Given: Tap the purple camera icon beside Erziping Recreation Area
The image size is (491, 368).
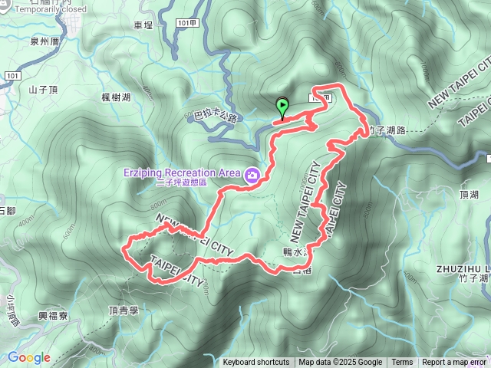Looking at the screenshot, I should pos(252,176).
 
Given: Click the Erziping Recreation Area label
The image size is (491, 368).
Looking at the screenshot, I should pos(182,172).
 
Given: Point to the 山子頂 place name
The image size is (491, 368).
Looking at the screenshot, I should pos(44,90).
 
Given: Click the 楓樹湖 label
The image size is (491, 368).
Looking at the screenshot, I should pos(116,97).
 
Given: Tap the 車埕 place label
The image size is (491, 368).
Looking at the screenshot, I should pos(143,25).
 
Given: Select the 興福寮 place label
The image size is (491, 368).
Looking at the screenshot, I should pos(54,316).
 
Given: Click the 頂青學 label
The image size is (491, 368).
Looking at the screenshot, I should pos(123,310).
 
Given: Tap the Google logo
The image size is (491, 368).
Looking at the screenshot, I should pos(28,357).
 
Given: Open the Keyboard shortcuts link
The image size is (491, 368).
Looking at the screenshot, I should pos(256,363).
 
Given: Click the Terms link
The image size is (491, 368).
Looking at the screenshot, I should pos(402,363).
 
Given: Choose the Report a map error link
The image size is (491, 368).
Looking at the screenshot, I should pos(453,363).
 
